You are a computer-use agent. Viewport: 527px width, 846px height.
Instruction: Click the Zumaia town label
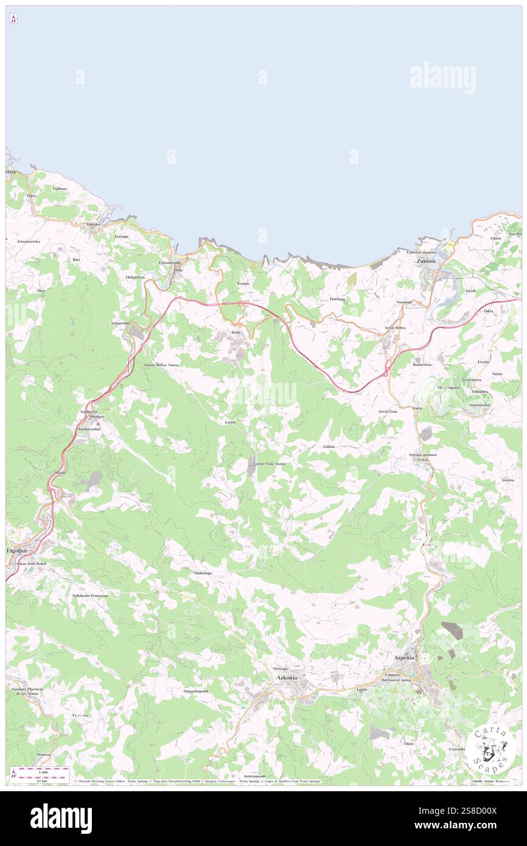(x=425, y=262)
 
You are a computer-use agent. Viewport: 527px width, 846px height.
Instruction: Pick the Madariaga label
(x=203, y=573)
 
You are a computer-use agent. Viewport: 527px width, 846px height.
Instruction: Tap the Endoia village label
(x=329, y=447)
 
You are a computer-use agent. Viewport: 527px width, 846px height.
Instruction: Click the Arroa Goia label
(x=388, y=411)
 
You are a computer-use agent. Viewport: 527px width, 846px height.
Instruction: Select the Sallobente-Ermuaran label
(x=89, y=595)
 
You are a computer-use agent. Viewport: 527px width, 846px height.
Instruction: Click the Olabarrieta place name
(x=135, y=277)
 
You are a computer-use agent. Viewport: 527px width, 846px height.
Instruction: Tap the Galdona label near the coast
(x=60, y=189)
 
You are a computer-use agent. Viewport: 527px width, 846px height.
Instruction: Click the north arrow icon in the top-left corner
(x=13, y=19)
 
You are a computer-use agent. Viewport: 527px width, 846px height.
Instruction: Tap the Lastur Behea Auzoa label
(x=161, y=364)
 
